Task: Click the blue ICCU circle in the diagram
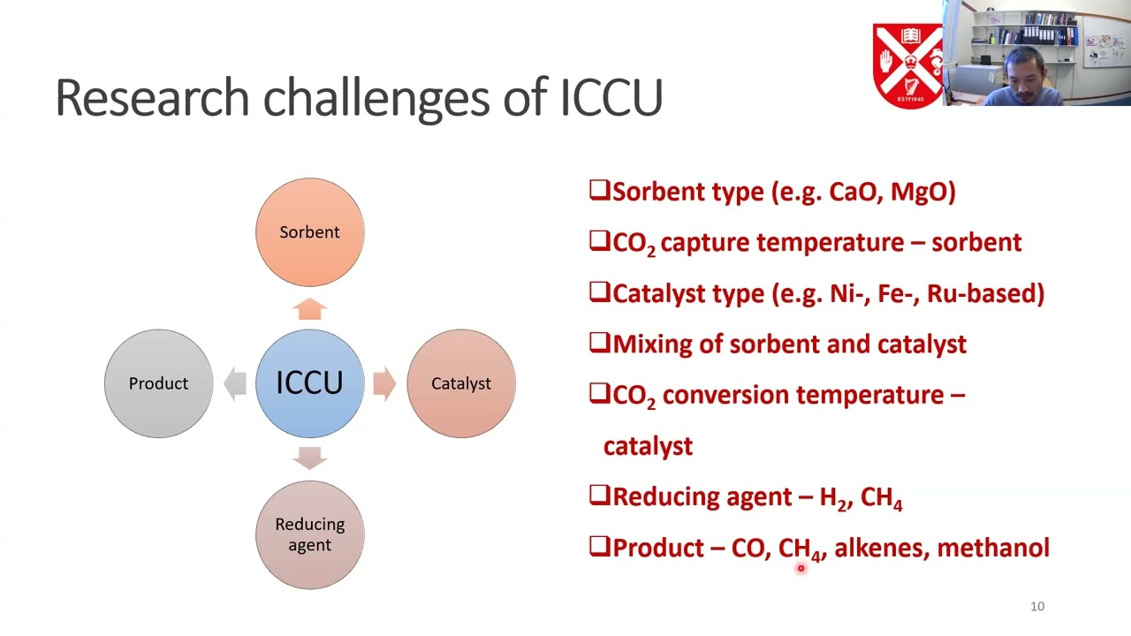tap(309, 383)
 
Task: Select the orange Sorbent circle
tap(309, 232)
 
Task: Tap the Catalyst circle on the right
tap(460, 383)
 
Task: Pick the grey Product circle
tap(158, 383)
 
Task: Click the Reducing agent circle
tap(309, 534)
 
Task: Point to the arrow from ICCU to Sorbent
tap(309, 308)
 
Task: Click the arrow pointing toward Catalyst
tap(384, 383)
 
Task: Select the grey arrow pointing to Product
tap(234, 383)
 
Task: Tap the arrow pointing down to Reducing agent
tap(309, 458)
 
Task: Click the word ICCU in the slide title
tap(611, 97)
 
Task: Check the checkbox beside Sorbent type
tap(599, 191)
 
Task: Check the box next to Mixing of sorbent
tap(599, 343)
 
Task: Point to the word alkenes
tap(879, 548)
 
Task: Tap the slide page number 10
tap(1037, 606)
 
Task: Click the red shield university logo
tap(908, 65)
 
